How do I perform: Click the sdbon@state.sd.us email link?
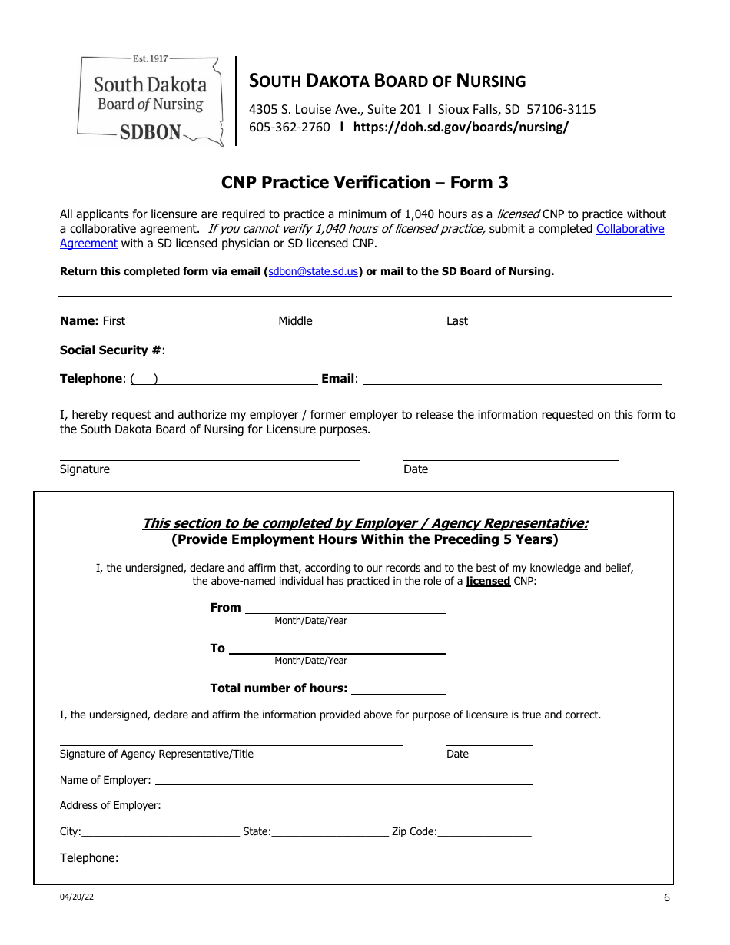point(313,271)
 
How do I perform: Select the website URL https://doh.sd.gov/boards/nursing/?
point(460,128)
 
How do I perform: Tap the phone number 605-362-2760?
point(289,128)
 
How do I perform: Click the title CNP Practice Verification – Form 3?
point(364,183)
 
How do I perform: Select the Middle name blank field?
point(379,321)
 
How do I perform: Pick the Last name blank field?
point(566,321)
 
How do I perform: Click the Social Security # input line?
point(264,350)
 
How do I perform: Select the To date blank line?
point(337,648)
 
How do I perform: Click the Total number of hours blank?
point(398,688)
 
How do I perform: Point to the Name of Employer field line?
point(343,780)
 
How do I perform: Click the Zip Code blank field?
point(484,831)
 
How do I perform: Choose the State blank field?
point(330,831)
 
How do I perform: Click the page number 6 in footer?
point(666,898)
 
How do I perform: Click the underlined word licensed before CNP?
point(488,582)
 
